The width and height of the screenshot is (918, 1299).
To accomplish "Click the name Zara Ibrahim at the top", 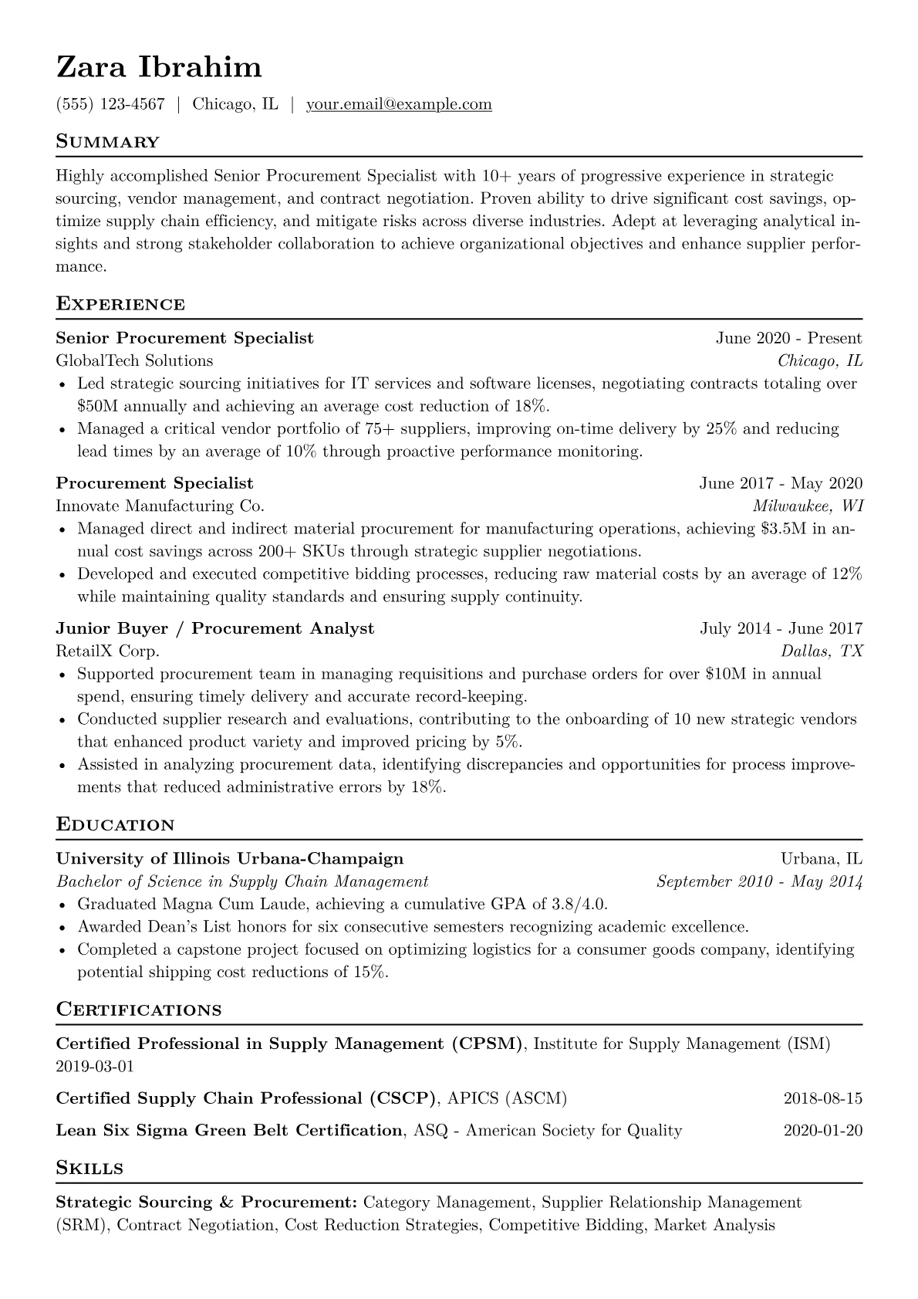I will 159,68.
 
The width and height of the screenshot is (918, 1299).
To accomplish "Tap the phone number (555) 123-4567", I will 110,104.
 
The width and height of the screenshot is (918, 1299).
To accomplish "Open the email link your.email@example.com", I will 399,104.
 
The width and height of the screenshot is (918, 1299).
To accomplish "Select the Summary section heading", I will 108,142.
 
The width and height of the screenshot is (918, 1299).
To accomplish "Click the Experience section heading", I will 120,304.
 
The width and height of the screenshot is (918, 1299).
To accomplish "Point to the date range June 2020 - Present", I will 788,338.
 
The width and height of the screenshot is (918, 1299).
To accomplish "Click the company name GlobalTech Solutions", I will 134,360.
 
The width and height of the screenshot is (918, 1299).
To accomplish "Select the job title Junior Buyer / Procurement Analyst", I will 215,628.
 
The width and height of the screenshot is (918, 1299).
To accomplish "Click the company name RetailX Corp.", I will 108,651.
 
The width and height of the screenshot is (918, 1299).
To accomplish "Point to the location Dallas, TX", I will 822,651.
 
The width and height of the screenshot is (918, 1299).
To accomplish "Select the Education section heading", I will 116,825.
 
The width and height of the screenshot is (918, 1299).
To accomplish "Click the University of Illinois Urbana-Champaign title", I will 230,859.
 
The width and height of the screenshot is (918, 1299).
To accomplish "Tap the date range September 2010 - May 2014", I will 759,881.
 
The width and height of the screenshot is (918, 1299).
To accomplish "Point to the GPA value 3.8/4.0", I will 567,904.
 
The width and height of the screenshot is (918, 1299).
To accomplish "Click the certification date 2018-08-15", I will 822,1098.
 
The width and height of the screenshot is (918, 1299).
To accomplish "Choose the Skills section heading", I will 89,1169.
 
